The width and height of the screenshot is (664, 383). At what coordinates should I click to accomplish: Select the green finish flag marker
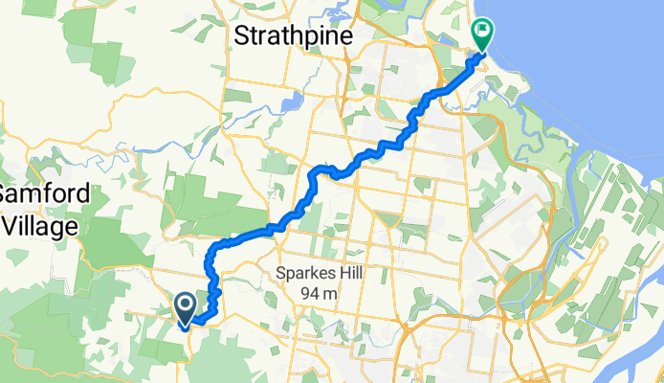481,35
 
